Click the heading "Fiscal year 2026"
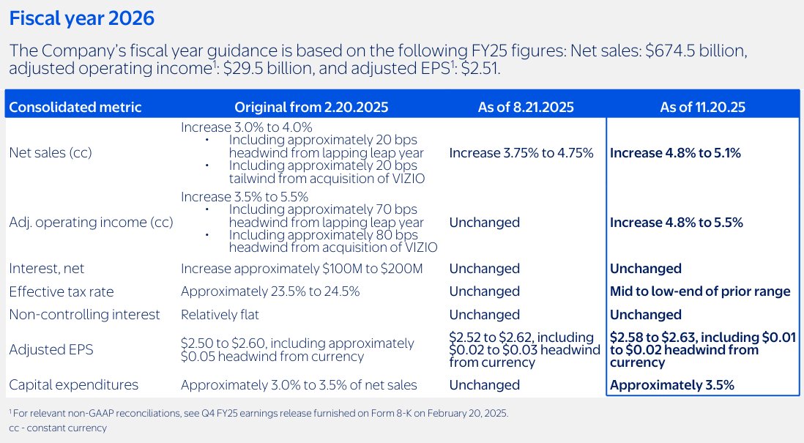pos(81,18)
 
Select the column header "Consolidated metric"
pos(75,107)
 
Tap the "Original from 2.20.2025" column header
pos(311,107)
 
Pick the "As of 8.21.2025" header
pos(526,107)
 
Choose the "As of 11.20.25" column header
pos(702,107)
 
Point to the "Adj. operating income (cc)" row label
pos(91,223)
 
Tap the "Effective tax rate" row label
pos(62,291)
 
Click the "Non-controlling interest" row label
pos(84,315)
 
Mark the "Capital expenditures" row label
pos(73,385)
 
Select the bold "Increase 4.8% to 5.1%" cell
pos(675,153)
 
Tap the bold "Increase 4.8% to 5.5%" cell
pos(676,223)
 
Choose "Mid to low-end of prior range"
pos(700,291)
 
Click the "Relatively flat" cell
pos(220,315)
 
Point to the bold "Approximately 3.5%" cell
pos(672,385)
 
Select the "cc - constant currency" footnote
pos(58,428)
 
